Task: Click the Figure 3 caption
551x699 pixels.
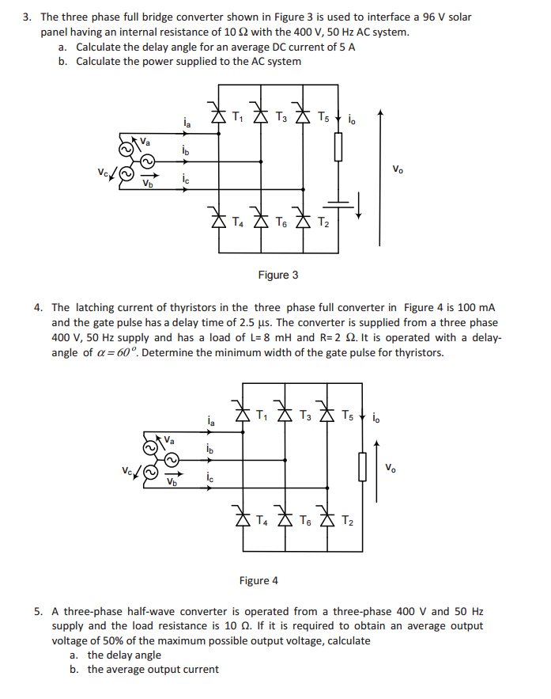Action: (x=278, y=275)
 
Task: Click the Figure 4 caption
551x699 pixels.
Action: (x=259, y=580)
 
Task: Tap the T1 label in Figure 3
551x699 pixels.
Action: (x=238, y=118)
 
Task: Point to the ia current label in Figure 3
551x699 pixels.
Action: (x=186, y=123)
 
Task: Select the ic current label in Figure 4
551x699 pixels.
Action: (x=209, y=477)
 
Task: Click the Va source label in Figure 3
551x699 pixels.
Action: (x=146, y=140)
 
